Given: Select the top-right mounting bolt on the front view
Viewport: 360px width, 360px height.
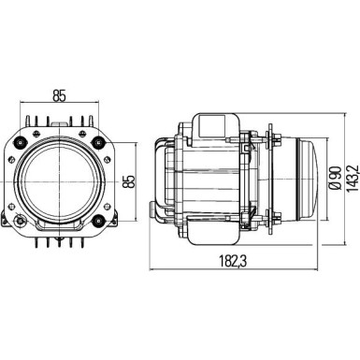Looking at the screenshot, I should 100,141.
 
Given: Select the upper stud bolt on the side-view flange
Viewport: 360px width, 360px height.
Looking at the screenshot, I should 274,140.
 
